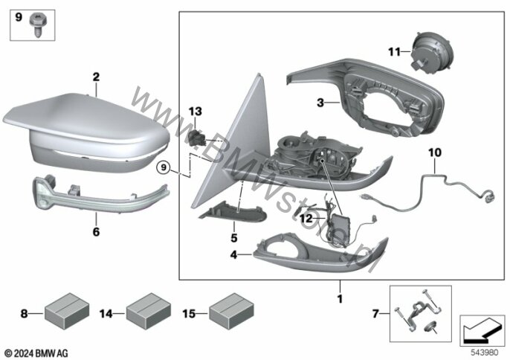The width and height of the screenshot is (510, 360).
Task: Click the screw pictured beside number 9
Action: click(x=38, y=25)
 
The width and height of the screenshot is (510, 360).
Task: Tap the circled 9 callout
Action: click(x=164, y=167)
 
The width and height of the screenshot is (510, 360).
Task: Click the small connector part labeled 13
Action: click(x=196, y=138)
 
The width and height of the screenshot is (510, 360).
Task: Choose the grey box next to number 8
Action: click(x=67, y=311)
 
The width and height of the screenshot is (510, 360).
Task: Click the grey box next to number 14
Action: click(x=149, y=311)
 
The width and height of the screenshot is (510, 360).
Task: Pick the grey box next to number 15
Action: click(x=231, y=311)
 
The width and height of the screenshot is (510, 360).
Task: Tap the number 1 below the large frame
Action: click(x=340, y=298)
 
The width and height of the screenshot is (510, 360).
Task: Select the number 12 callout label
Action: click(x=306, y=218)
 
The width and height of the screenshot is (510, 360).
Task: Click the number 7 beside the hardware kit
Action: click(x=375, y=314)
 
